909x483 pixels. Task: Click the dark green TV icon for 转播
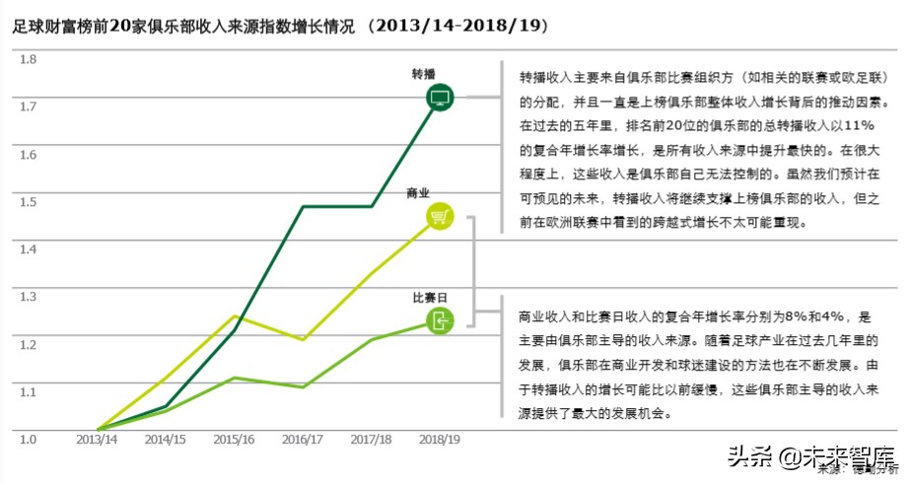click(x=440, y=97)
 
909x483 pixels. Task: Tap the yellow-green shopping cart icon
click(x=440, y=217)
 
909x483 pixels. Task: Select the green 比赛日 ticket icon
click(x=440, y=319)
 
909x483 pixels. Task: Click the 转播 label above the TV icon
click(x=425, y=74)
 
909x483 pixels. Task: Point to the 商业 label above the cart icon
click(x=418, y=193)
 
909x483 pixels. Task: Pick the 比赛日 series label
click(x=430, y=297)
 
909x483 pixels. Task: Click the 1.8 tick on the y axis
click(x=29, y=59)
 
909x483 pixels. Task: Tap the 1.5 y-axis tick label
click(x=29, y=202)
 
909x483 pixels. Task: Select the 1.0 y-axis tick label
click(x=29, y=439)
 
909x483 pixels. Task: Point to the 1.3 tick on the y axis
click(x=29, y=297)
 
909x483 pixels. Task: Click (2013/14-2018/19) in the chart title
click(x=457, y=24)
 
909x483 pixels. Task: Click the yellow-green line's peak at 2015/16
click(x=235, y=316)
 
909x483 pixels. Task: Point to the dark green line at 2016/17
click(x=303, y=206)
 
